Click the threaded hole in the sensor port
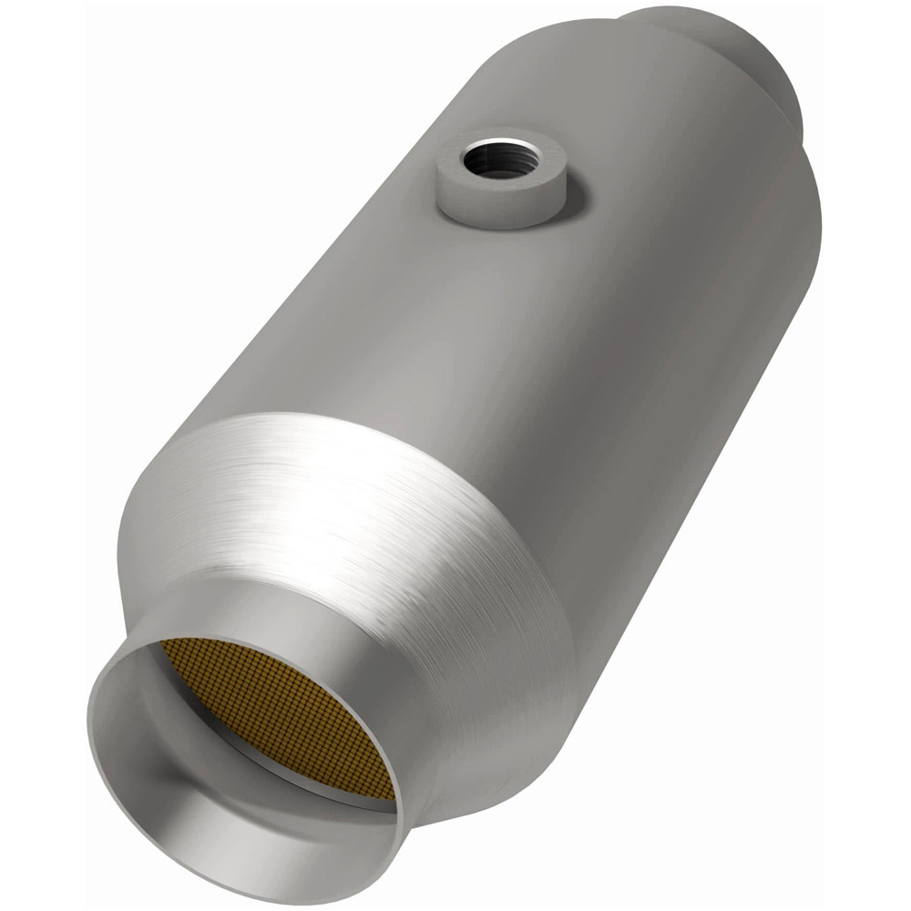tap(498, 161)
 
